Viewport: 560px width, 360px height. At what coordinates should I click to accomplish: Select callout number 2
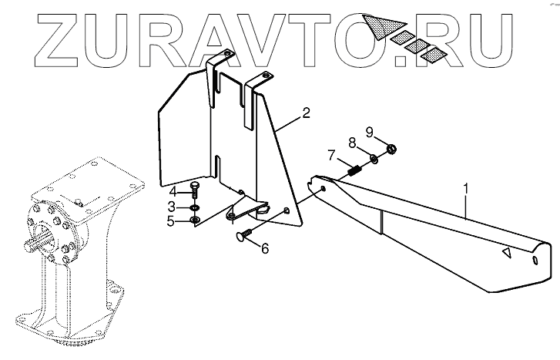306,114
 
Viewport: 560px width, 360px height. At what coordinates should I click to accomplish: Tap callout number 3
173,207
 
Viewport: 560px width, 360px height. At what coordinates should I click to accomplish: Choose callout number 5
173,223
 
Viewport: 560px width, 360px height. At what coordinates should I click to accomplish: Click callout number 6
266,249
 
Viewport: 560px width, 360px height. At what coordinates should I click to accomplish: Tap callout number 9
369,131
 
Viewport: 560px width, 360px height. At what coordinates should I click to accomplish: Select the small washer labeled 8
374,160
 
